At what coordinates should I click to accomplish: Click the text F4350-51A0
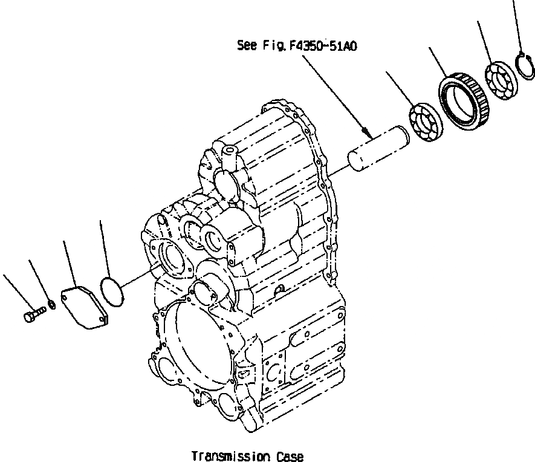tap(324, 46)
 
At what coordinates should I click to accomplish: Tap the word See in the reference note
tap(247, 46)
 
